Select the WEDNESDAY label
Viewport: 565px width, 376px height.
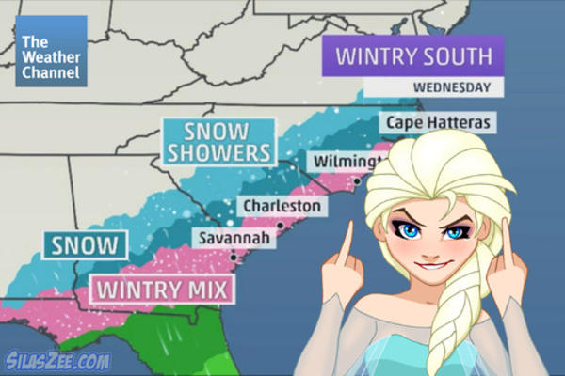[x=452, y=88]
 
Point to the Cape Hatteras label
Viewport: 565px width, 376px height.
[x=425, y=122]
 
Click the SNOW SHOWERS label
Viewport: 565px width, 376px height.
[x=218, y=140]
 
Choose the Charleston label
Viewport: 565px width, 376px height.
[x=282, y=205]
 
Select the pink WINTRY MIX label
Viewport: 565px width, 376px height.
[x=161, y=289]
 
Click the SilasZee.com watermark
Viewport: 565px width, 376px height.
[x=58, y=360]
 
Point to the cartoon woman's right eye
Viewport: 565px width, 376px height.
[x=456, y=231]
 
